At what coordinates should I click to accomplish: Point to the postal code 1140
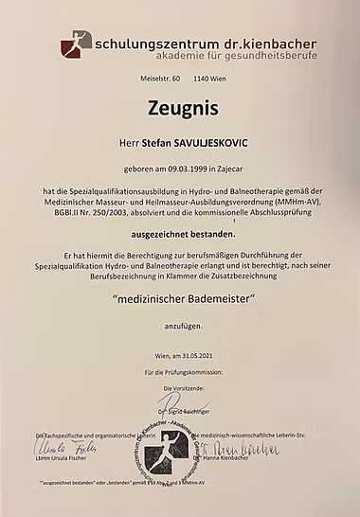click(x=203, y=82)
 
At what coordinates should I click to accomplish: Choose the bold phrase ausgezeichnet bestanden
click(x=179, y=230)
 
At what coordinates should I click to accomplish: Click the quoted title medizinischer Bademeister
click(x=179, y=299)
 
